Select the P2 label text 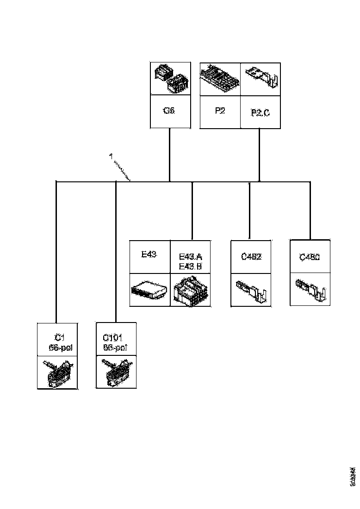click(x=220, y=111)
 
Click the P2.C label click(x=260, y=112)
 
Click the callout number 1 click(x=111, y=157)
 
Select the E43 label click(x=149, y=254)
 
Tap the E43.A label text click(x=190, y=257)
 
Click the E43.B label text click(x=190, y=266)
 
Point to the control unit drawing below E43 click(x=149, y=290)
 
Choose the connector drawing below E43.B click(x=191, y=291)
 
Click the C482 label click(x=251, y=257)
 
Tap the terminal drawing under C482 click(x=251, y=289)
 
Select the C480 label click(x=310, y=257)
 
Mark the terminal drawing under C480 click(x=310, y=288)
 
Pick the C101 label click(x=113, y=339)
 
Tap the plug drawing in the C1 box click(x=58, y=372)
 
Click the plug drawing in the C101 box click(x=116, y=372)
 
